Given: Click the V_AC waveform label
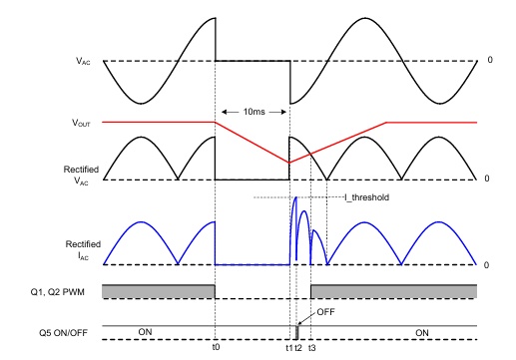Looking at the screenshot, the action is coord(83,61).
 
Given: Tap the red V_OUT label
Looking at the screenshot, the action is coord(81,123).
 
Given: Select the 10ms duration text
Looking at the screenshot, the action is coord(255,112).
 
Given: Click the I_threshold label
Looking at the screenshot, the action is coord(366,197).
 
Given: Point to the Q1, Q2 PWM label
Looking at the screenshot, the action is coord(57,292).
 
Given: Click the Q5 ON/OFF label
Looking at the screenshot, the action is coord(63,333).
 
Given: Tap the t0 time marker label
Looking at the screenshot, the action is coord(216,347).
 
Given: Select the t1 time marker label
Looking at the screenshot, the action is coord(289,348).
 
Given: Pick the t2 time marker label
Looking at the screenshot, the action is coord(298,348).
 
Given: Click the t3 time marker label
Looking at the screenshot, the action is coord(311,348).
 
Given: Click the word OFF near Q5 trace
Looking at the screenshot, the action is coord(325,312).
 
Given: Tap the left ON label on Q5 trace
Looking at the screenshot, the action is coord(145,332).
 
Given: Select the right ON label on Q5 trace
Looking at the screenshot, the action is coord(422,333).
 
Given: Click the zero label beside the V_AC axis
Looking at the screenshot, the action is coord(490,60).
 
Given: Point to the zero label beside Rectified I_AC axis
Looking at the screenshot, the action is coord(486,265).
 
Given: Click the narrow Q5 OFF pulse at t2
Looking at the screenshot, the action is coord(297,332).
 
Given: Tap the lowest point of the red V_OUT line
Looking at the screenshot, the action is coord(289,163).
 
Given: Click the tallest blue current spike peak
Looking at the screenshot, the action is coord(295,197).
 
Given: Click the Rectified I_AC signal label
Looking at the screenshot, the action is coord(83,250).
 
